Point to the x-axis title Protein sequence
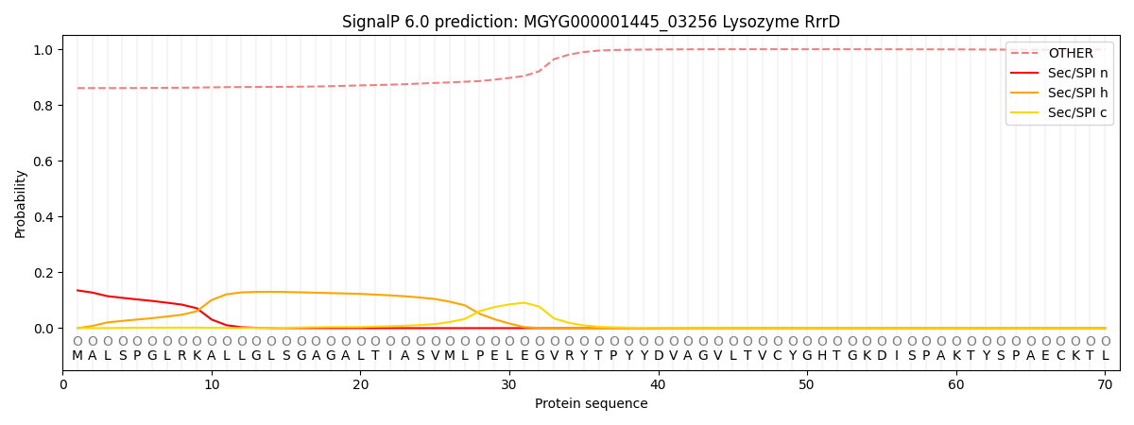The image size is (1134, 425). pyautogui.click(x=591, y=404)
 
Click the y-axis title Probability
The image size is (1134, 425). pyautogui.click(x=21, y=203)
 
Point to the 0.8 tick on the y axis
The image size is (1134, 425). pyautogui.click(x=44, y=106)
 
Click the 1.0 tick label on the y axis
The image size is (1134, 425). pyautogui.click(x=44, y=49)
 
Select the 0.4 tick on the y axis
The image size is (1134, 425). pyautogui.click(x=44, y=217)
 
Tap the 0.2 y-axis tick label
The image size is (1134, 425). pyautogui.click(x=44, y=273)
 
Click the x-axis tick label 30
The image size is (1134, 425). pyautogui.click(x=509, y=384)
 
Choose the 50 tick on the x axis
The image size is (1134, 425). pyautogui.click(x=807, y=384)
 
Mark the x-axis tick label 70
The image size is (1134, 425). pyautogui.click(x=1105, y=384)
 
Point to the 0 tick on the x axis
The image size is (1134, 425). pyautogui.click(x=62, y=384)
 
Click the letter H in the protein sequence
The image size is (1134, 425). pyautogui.click(x=822, y=356)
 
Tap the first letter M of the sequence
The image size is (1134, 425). pyautogui.click(x=77, y=356)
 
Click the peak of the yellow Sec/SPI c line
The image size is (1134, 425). pyautogui.click(x=524, y=303)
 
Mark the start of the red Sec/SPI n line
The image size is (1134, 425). pyautogui.click(x=77, y=290)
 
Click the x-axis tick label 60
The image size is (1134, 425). pyautogui.click(x=956, y=384)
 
